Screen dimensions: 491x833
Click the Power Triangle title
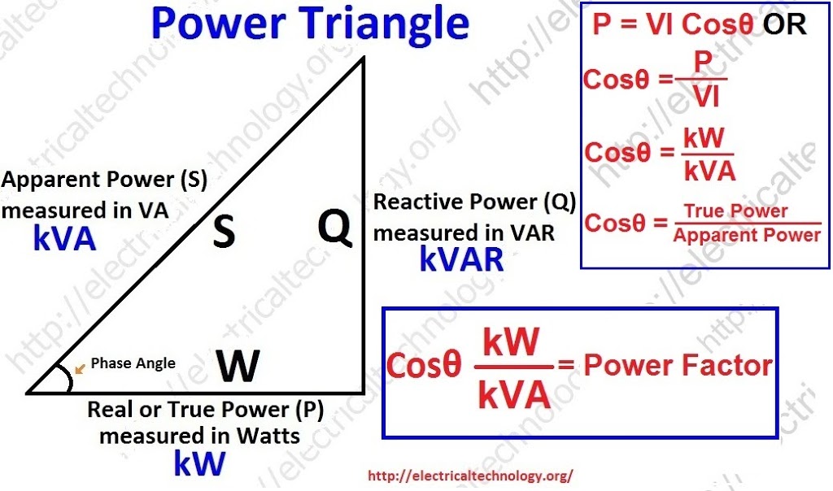310,24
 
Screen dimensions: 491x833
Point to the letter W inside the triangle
238,367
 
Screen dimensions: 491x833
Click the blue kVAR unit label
461,259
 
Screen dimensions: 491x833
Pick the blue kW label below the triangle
198,463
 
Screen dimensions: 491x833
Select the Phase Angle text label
133,363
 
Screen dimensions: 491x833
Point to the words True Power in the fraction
735,211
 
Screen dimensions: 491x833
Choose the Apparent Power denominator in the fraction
747,236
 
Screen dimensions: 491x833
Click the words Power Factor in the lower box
677,365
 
